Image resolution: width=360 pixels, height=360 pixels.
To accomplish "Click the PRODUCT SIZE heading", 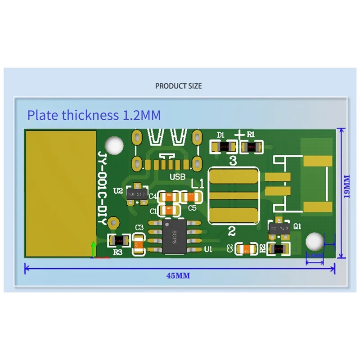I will pyautogui.click(x=179, y=85).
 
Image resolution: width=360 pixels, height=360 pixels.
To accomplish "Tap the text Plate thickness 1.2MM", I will pyautogui.click(x=94, y=115).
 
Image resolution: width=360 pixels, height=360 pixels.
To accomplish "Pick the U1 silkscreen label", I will pyautogui.click(x=208, y=249).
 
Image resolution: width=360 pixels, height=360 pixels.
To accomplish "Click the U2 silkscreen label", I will pyautogui.click(x=118, y=191).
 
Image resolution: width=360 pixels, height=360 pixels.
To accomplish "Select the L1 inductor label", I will pyautogui.click(x=198, y=184).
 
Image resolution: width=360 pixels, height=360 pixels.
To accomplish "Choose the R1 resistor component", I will pyautogui.click(x=251, y=146).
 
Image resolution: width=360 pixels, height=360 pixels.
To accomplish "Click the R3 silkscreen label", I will pyautogui.click(x=118, y=252).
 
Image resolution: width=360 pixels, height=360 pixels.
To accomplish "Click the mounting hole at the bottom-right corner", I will pyautogui.click(x=314, y=242).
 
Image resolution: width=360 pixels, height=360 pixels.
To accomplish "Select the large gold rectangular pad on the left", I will pyautogui.click(x=60, y=193).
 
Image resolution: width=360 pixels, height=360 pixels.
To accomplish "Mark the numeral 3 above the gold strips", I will pyautogui.click(x=233, y=161).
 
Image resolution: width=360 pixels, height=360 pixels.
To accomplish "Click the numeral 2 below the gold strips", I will pyautogui.click(x=232, y=232).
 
